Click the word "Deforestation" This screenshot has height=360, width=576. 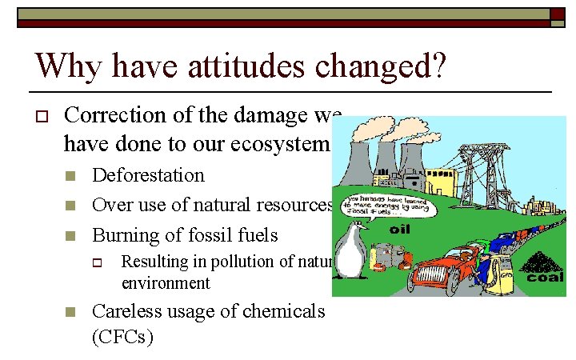click(x=148, y=175)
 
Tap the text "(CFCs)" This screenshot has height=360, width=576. click(x=122, y=337)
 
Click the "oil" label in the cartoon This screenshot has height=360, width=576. click(x=400, y=229)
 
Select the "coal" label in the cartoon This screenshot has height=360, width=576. click(x=544, y=278)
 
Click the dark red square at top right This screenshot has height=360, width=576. click(x=558, y=14)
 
